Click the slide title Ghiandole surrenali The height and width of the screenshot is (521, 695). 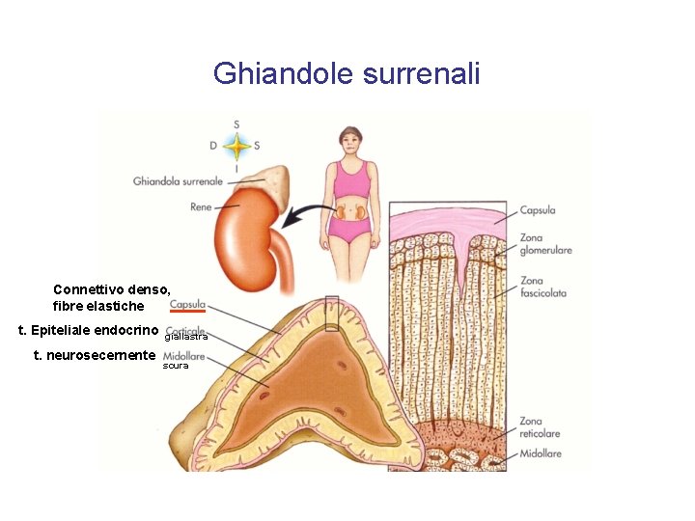coord(347,73)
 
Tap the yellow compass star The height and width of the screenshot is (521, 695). coord(236,147)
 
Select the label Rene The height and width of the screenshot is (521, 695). coord(201,206)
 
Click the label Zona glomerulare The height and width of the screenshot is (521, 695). coord(545,244)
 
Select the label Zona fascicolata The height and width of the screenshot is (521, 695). coord(542,287)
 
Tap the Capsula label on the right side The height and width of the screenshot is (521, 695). coord(537,210)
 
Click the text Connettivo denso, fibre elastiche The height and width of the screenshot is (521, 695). coord(112,297)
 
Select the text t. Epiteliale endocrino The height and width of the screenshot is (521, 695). coord(89,331)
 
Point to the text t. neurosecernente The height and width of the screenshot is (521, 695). coord(94,355)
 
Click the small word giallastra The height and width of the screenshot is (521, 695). coord(186,338)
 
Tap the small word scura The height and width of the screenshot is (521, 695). coord(175,366)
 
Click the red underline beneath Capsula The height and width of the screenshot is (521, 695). coord(187,312)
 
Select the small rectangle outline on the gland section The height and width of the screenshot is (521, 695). coord(332,313)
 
